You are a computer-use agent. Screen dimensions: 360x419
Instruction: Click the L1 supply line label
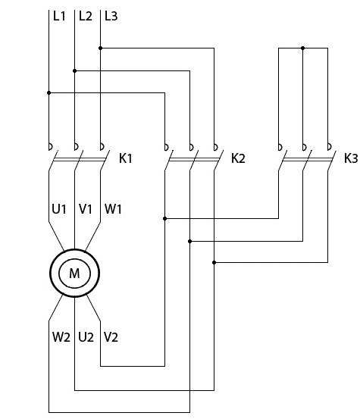pyautogui.click(x=59, y=16)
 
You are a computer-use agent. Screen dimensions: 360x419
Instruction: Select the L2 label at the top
pyautogui.click(x=85, y=16)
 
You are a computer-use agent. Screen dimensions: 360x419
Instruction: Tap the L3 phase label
pyautogui.click(x=111, y=16)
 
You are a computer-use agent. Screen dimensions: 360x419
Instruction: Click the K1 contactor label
pyautogui.click(x=126, y=158)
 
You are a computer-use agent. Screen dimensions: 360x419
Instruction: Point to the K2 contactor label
pyautogui.click(x=238, y=158)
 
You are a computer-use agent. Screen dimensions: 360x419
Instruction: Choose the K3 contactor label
pyautogui.click(x=351, y=158)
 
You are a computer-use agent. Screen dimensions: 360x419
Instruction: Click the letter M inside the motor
pyautogui.click(x=74, y=274)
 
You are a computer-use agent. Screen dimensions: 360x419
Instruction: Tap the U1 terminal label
pyautogui.click(x=59, y=209)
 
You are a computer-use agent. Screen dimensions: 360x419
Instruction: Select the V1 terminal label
pyautogui.click(x=86, y=209)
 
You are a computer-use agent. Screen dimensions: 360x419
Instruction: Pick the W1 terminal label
pyautogui.click(x=113, y=209)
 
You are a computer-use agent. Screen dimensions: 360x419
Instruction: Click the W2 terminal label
pyautogui.click(x=61, y=337)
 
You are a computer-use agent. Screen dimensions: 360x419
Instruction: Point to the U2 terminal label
pyautogui.click(x=86, y=337)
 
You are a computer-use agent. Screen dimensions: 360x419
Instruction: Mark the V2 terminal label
pyautogui.click(x=111, y=337)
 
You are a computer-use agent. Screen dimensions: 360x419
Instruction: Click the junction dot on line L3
pyautogui.click(x=101, y=48)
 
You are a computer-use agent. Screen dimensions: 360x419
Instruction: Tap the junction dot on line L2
pyautogui.click(x=74, y=70)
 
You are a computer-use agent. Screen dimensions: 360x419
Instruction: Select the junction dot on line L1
pyautogui.click(x=49, y=92)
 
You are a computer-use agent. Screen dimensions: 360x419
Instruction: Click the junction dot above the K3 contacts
pyautogui.click(x=303, y=48)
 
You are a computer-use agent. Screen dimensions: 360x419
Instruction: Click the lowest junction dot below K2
pyautogui.click(x=214, y=263)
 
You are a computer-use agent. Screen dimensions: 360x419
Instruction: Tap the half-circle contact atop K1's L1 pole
pyautogui.click(x=51, y=147)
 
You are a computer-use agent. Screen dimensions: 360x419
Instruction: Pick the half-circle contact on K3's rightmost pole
pyautogui.click(x=330, y=147)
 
